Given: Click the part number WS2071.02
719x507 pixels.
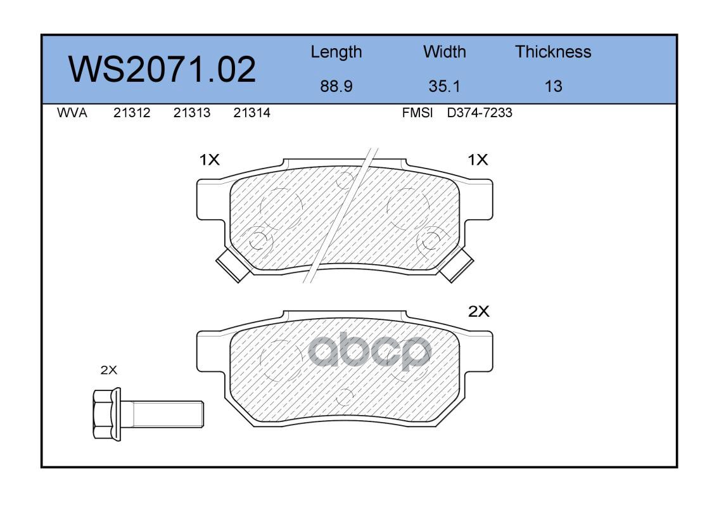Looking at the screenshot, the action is pyautogui.click(x=162, y=69).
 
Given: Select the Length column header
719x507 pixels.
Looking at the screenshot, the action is pyautogui.click(x=336, y=53).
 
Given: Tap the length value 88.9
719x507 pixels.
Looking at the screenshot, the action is pyautogui.click(x=336, y=86).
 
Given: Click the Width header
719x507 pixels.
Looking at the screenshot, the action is pyautogui.click(x=444, y=51).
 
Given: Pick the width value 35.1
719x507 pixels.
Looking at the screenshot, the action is pyautogui.click(x=444, y=86).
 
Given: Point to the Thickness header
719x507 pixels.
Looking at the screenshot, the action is pyautogui.click(x=553, y=51).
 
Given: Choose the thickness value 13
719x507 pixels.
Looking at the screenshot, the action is pyautogui.click(x=553, y=86).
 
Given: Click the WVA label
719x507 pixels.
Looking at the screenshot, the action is pyautogui.click(x=72, y=113).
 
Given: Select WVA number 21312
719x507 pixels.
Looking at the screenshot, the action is pyautogui.click(x=132, y=113).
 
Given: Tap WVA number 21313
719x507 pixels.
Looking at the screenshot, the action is pyautogui.click(x=192, y=113).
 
